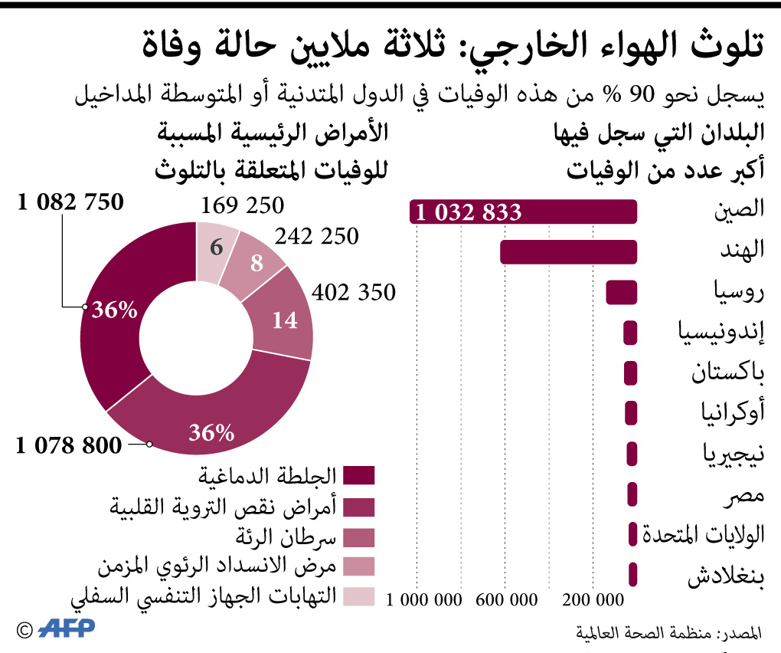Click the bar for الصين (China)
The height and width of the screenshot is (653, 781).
click(582, 212)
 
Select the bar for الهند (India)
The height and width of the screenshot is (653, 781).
click(568, 252)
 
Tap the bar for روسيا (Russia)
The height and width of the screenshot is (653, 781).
click(622, 292)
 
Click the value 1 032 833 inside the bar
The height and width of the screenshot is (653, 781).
click(468, 212)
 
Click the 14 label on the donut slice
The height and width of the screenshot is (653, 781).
click(285, 320)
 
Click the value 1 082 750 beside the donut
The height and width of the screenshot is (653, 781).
click(68, 203)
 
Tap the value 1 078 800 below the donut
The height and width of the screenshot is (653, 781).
click(69, 445)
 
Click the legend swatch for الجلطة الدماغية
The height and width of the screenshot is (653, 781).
click(358, 476)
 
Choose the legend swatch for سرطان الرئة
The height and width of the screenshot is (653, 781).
click(358, 536)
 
